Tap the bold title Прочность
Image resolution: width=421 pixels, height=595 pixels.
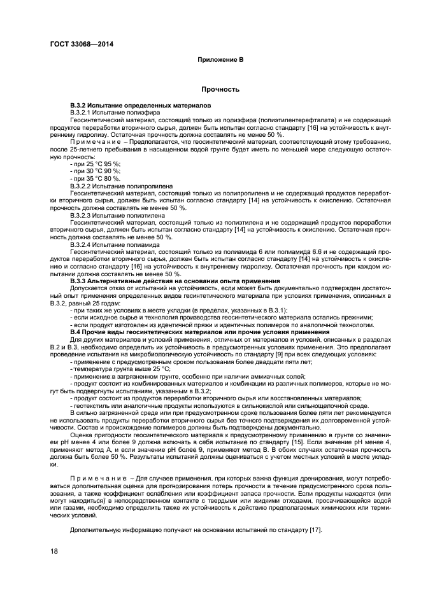pos(220,89)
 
